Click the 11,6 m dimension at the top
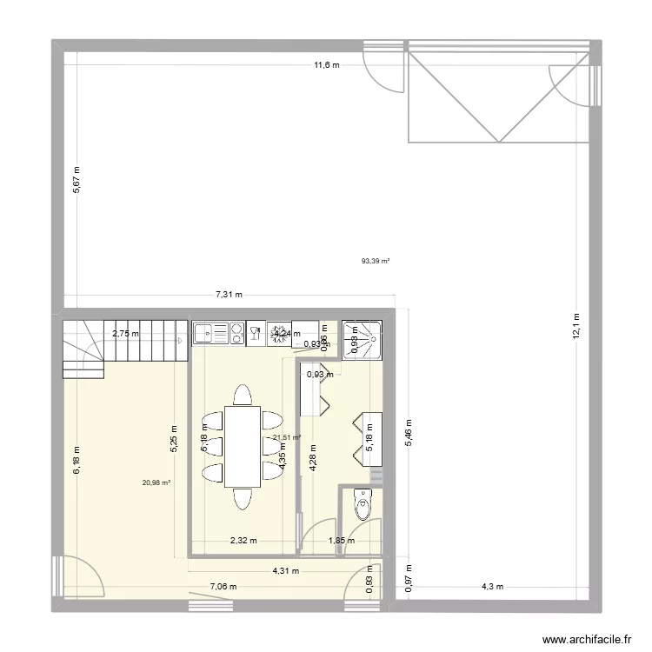click(326, 65)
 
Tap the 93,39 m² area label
click(376, 260)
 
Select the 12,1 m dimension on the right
click(575, 329)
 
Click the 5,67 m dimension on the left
click(77, 180)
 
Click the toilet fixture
click(362, 503)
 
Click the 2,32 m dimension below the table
click(243, 541)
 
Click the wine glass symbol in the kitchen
click(256, 332)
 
